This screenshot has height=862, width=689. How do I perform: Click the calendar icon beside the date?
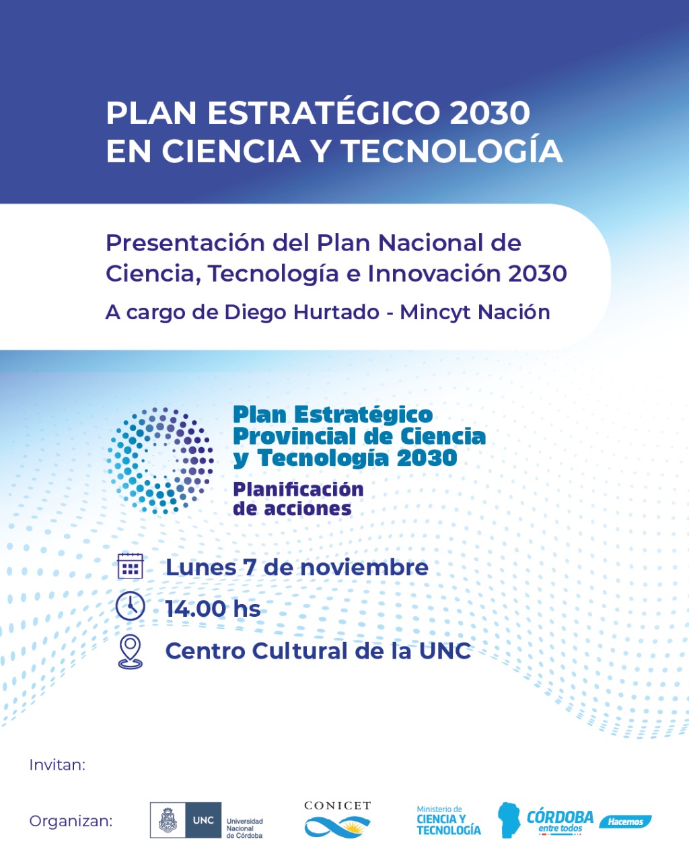click(x=130, y=566)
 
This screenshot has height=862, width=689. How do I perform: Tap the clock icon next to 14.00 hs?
click(x=130, y=606)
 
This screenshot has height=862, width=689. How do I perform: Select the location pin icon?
click(x=130, y=651)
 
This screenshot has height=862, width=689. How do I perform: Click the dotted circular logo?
click(x=160, y=461)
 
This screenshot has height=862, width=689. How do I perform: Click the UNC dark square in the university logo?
click(x=203, y=820)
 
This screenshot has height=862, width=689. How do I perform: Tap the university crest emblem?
click(x=168, y=820)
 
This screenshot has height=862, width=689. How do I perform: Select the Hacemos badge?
click(x=625, y=822)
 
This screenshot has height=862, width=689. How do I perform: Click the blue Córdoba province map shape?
click(x=509, y=820)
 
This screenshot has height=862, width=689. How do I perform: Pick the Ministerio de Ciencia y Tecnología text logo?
click(x=448, y=821)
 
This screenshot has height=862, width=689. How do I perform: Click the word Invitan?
click(x=57, y=764)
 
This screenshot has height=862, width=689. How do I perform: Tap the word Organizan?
click(x=71, y=821)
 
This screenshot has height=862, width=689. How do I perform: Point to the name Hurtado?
click(x=336, y=312)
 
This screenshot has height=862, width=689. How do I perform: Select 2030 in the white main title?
click(x=490, y=113)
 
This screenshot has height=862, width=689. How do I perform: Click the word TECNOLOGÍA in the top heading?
click(x=452, y=151)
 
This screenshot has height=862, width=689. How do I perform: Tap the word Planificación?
click(x=298, y=490)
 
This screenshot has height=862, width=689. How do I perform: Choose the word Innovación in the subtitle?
click(x=434, y=273)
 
